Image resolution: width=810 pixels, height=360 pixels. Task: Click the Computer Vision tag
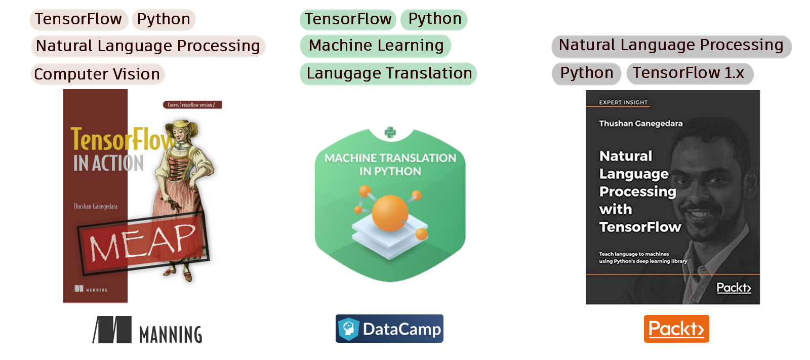pyautogui.click(x=97, y=74)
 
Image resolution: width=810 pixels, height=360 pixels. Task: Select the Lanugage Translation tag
pyautogui.click(x=388, y=73)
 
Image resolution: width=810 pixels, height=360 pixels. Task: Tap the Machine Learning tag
pyautogui.click(x=376, y=46)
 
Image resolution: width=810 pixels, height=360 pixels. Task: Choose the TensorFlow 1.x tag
pyautogui.click(x=690, y=73)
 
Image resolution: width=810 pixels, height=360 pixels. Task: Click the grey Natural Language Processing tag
pyautogui.click(x=671, y=46)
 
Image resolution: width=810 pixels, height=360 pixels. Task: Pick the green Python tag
pyautogui.click(x=434, y=19)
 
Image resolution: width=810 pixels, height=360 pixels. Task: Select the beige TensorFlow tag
pyautogui.click(x=78, y=19)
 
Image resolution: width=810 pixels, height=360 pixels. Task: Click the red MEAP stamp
pyautogui.click(x=143, y=243)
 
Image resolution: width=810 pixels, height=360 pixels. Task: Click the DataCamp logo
pyautogui.click(x=389, y=329)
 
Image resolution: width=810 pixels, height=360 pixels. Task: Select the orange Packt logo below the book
pyautogui.click(x=676, y=329)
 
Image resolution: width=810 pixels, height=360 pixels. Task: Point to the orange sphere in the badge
pyautogui.click(x=390, y=213)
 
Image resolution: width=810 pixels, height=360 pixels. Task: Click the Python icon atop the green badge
pyautogui.click(x=390, y=133)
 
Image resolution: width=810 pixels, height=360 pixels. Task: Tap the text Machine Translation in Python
pyautogui.click(x=390, y=165)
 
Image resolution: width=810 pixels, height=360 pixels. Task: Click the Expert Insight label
pyautogui.click(x=623, y=102)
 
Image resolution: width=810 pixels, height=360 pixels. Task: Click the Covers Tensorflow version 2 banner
pyautogui.click(x=192, y=105)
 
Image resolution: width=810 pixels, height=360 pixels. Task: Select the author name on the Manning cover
pyautogui.click(x=95, y=207)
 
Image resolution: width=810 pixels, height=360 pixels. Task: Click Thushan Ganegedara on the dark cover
pyautogui.click(x=640, y=124)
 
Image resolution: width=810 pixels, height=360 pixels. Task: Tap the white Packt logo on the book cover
pyautogui.click(x=734, y=288)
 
